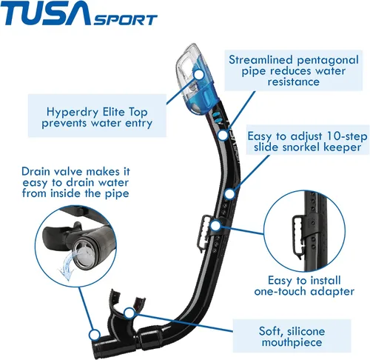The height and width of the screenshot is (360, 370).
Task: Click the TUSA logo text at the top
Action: tap(46, 13)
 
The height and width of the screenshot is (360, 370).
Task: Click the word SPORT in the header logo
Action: tap(125, 20)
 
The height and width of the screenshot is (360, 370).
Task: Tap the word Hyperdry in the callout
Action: tap(73, 113)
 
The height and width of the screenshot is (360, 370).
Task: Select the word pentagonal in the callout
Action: tap(328, 61)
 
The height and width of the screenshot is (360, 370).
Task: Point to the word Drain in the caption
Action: tap(37, 171)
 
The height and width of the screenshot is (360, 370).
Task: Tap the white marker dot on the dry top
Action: tap(199, 74)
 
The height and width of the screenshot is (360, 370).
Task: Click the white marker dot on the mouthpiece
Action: tap(129, 313)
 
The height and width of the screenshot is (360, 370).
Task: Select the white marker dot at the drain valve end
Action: tap(94, 335)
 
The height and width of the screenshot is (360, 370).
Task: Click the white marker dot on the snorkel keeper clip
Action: tap(215, 226)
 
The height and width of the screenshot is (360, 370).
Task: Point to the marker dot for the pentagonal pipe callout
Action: tap(223, 135)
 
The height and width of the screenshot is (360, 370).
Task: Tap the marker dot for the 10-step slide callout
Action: tap(229, 194)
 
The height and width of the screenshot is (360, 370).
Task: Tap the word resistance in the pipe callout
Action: tap(294, 81)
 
